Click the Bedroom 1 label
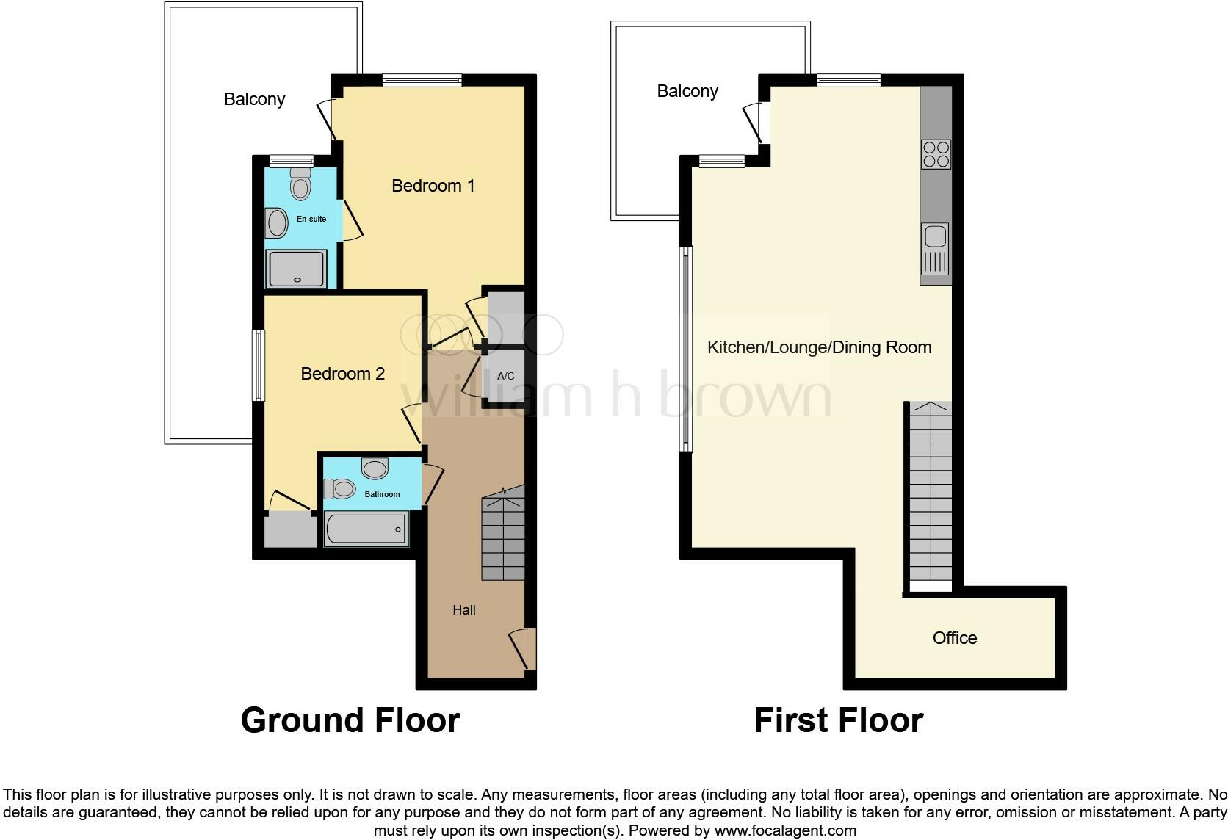click(433, 186)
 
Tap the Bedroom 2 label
click(342, 374)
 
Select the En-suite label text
click(311, 219)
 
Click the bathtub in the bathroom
click(366, 529)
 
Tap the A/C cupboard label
click(505, 377)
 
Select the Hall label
click(464, 610)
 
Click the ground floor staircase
click(503, 536)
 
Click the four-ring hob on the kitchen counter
click(936, 155)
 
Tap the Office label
click(955, 638)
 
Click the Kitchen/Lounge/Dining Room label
click(819, 347)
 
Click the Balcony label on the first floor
click(687, 91)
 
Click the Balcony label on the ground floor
click(254, 99)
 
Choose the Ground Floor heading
click(350, 720)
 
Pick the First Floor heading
click(838, 720)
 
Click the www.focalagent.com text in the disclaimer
click(785, 831)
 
